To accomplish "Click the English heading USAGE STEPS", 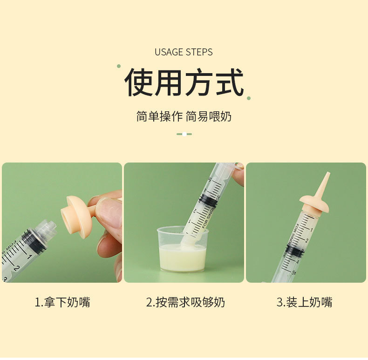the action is coord(184,52).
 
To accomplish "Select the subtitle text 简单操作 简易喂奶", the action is coord(184,116).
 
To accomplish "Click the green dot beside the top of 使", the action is coord(119,66).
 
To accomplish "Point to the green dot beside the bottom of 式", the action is coord(249,98).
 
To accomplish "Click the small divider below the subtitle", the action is coord(184,134).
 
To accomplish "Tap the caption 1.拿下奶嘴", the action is coord(62,302).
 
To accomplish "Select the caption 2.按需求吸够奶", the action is coord(185,302).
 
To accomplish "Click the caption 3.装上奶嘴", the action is coord(304,302).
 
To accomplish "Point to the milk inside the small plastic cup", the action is coord(183,257).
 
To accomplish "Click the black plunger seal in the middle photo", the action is coord(208,199).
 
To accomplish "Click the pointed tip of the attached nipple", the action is coord(328,173).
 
